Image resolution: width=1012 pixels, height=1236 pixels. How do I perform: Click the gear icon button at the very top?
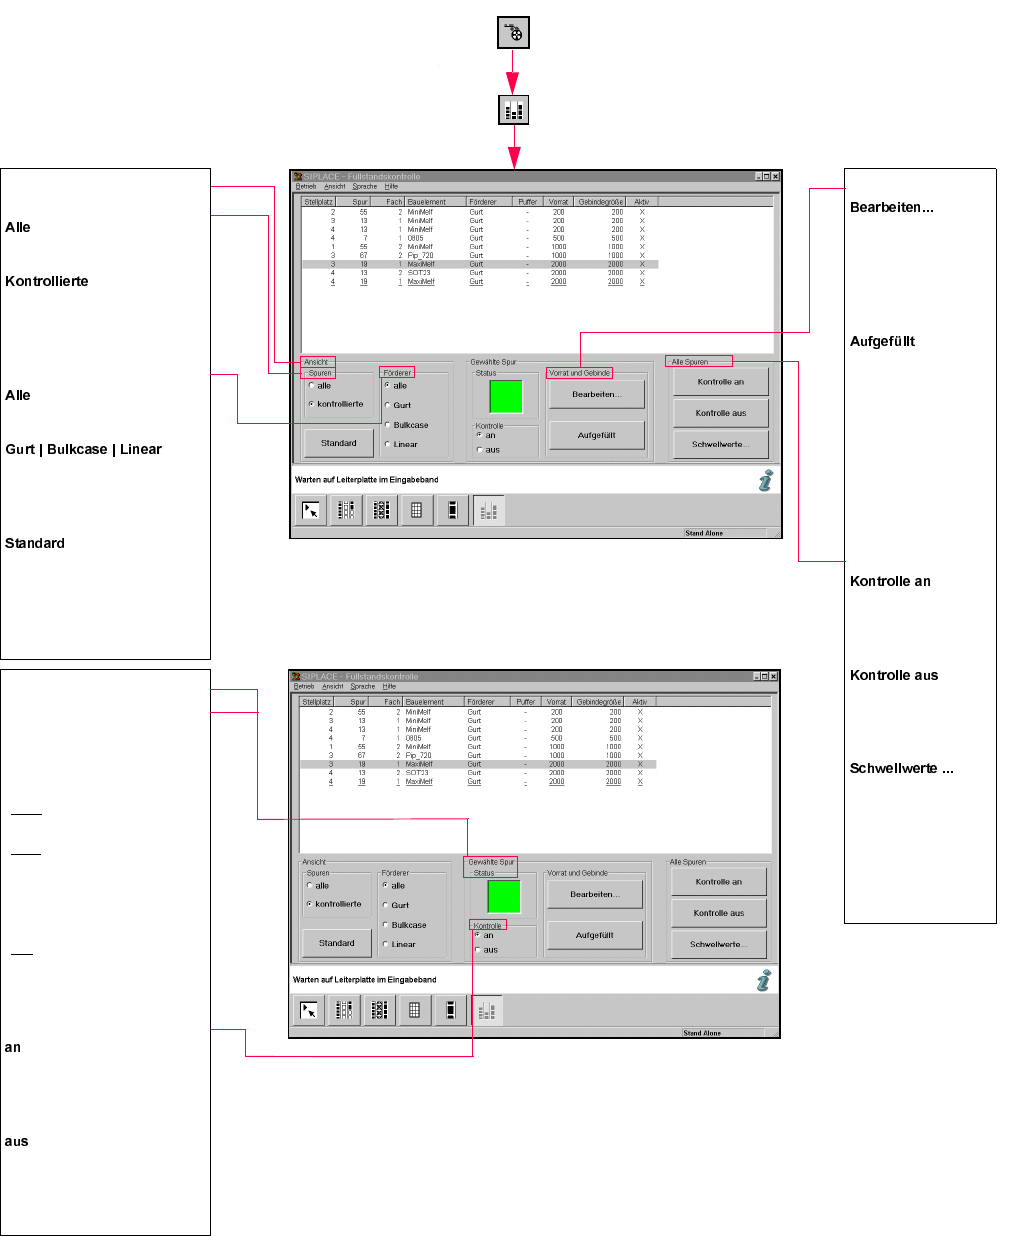click(x=513, y=33)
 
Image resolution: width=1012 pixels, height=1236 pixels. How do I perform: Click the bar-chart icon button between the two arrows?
click(x=513, y=110)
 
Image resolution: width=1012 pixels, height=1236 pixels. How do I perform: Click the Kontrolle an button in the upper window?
click(x=720, y=382)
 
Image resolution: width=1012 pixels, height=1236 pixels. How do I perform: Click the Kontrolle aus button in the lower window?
click(x=718, y=913)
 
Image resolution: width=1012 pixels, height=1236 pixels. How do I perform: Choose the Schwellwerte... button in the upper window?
click(x=720, y=444)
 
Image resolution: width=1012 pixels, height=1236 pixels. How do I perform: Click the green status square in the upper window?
click(x=506, y=396)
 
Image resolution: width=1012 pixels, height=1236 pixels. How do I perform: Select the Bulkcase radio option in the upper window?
click(x=388, y=425)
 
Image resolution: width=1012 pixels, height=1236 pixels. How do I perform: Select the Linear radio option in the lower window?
click(x=386, y=944)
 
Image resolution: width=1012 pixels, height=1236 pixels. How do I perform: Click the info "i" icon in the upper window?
click(x=766, y=481)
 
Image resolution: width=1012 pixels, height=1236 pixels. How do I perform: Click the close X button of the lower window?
click(x=773, y=677)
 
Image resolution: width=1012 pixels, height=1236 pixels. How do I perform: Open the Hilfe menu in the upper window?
click(x=391, y=186)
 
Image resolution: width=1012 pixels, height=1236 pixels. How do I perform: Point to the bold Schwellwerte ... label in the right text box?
click(x=901, y=769)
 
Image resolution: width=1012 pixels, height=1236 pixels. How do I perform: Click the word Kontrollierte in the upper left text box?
click(x=47, y=282)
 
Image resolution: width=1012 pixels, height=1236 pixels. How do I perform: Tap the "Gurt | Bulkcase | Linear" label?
click(x=83, y=450)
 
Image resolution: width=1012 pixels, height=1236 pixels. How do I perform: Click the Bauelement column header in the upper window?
click(x=427, y=202)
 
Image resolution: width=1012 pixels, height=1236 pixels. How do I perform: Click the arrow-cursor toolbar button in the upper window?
click(x=310, y=510)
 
